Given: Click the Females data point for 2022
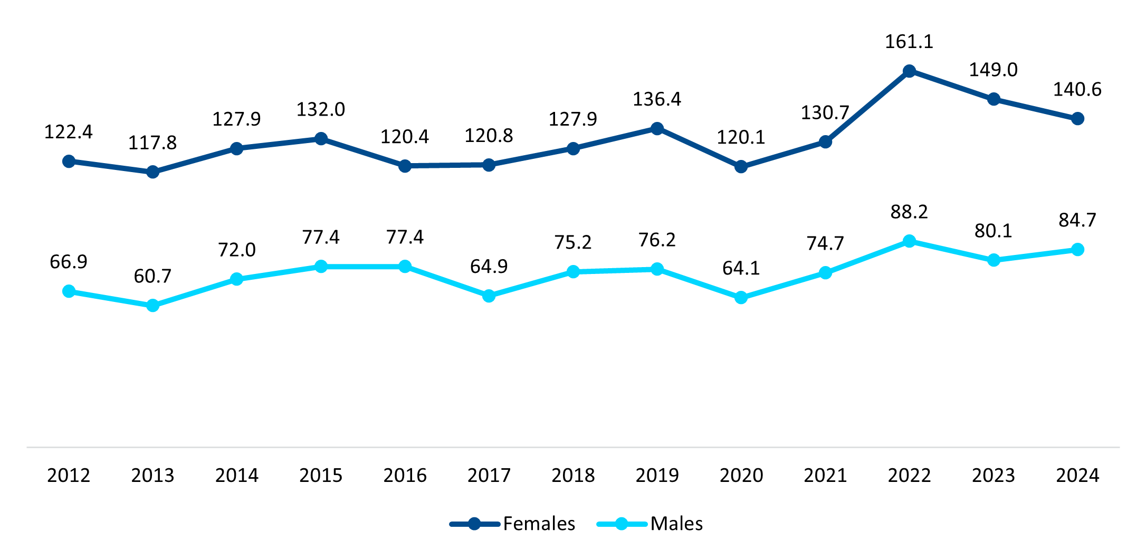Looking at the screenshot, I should [x=909, y=71].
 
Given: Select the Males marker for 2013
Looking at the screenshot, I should [x=152, y=306].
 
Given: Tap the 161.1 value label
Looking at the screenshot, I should [x=909, y=42].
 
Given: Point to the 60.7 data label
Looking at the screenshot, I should [x=152, y=276].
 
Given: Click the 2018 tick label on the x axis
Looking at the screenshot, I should [x=573, y=476].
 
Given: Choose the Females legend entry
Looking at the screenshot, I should [x=538, y=524].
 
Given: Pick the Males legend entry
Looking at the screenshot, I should [x=676, y=524].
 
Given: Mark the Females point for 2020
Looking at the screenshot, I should [x=741, y=167].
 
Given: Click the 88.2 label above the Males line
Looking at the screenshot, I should [x=909, y=212].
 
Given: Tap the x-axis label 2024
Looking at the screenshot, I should [x=1077, y=476].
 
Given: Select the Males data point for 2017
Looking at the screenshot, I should [x=489, y=296].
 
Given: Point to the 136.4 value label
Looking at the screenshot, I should [x=657, y=99].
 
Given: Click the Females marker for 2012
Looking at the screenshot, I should [x=69, y=161].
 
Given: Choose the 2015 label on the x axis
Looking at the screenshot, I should [x=321, y=476].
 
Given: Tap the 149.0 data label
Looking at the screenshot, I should [x=994, y=70].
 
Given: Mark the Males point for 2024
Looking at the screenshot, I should [x=1077, y=250].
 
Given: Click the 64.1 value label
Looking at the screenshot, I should [x=741, y=268].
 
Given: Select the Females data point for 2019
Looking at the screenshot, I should [x=657, y=129].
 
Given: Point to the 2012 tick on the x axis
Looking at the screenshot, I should [x=69, y=476].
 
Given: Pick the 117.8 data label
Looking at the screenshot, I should [x=152, y=143].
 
